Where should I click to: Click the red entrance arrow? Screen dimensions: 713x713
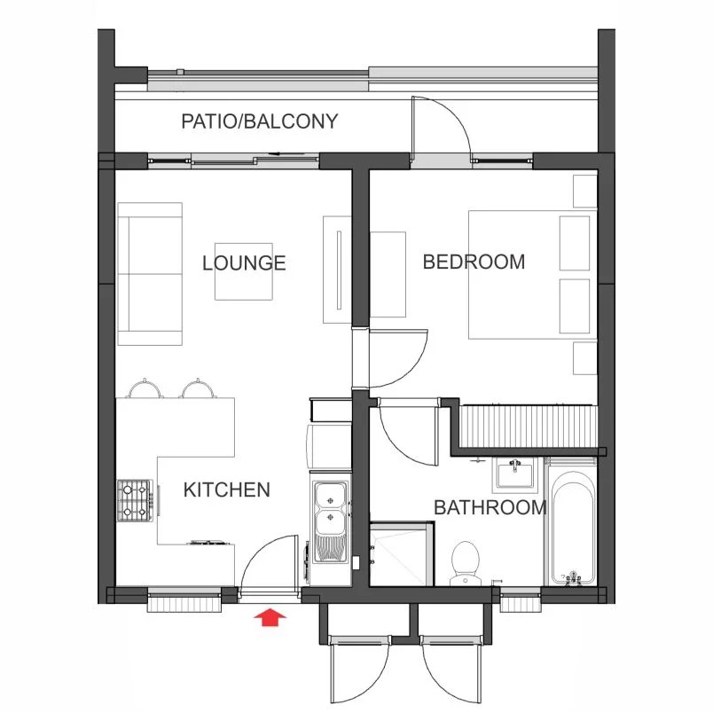(270, 617)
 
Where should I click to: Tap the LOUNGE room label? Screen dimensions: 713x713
(244, 263)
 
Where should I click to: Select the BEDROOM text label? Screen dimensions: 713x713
(474, 262)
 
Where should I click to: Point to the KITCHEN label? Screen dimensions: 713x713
(227, 490)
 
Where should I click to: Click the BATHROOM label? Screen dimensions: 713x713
(490, 507)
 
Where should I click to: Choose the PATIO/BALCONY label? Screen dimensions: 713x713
(260, 121)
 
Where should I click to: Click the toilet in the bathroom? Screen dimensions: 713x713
(466, 563)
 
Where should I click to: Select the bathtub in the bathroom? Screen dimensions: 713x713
(573, 528)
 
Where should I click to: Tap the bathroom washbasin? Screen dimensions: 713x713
(514, 474)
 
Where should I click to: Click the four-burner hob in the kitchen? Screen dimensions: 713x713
(135, 501)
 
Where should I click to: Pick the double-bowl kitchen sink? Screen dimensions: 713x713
(331, 523)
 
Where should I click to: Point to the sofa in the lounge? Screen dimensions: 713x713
(150, 274)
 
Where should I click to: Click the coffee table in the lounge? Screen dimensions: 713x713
(244, 271)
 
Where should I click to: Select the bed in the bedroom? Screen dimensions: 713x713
(532, 275)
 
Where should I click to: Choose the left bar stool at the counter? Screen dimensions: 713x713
(145, 388)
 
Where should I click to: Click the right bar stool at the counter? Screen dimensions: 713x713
(198, 388)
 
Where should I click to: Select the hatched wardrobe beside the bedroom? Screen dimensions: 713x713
(528, 427)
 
